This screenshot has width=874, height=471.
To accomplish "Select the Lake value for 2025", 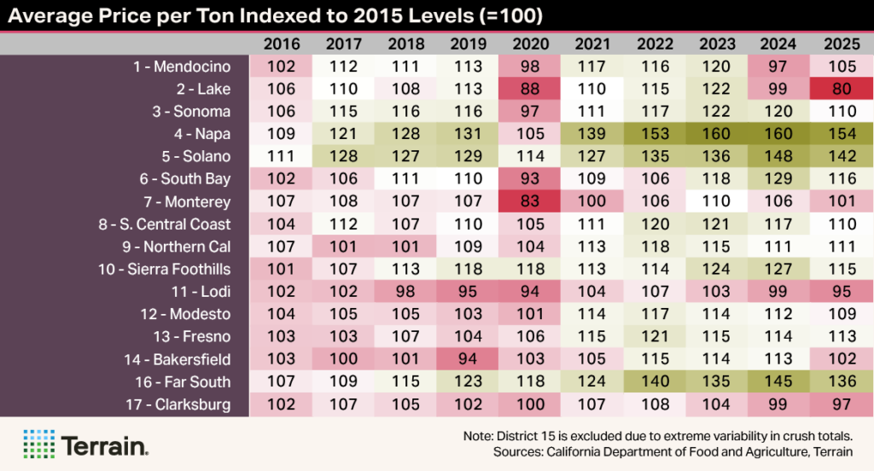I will click(842, 89).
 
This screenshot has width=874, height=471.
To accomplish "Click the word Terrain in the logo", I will click(104, 445).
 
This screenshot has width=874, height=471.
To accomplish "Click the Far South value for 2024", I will click(780, 382).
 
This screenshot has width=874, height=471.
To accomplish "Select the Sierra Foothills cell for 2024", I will click(780, 270).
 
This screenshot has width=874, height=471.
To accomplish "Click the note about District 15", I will click(657, 435).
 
